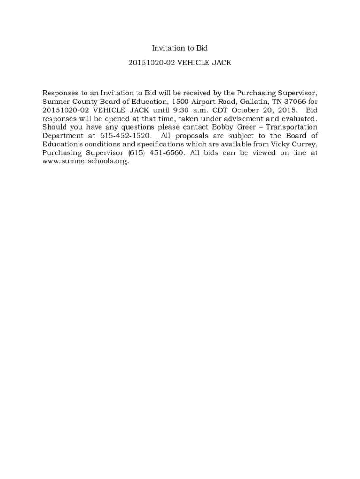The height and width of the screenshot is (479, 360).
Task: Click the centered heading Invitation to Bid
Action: pyautogui.click(x=180, y=48)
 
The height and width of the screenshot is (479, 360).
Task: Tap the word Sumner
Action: pyautogui.click(x=55, y=102)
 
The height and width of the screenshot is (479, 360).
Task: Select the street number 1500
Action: pyautogui.click(x=180, y=102)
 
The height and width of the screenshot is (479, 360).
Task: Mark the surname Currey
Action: pyautogui.click(x=305, y=144)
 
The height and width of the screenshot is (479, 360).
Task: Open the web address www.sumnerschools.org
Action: pyautogui.click(x=85, y=161)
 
